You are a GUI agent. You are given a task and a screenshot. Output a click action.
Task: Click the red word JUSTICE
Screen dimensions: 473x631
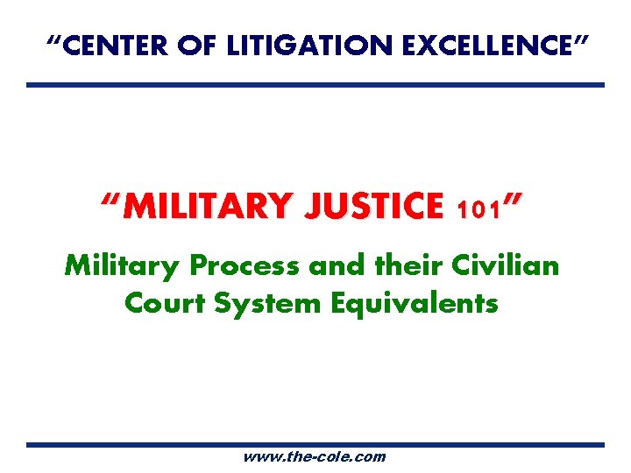(x=378, y=207)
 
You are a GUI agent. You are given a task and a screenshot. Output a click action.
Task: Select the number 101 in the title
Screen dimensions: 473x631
(x=477, y=210)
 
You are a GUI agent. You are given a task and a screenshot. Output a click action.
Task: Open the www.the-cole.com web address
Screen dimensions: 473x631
(x=315, y=456)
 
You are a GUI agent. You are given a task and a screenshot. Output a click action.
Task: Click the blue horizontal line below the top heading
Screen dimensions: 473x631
(x=315, y=85)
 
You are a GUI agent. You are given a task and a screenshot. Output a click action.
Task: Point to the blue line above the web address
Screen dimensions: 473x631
(x=315, y=444)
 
